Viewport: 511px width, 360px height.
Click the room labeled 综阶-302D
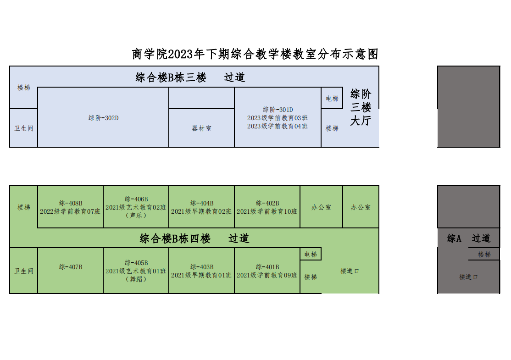(103, 117)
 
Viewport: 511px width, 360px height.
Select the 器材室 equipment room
(202, 128)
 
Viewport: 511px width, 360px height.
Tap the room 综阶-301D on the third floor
(278, 117)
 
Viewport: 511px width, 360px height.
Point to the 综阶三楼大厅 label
(361, 107)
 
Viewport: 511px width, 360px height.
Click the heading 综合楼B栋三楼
(171, 78)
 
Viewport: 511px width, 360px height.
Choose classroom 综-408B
(70, 207)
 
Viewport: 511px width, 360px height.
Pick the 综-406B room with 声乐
(136, 207)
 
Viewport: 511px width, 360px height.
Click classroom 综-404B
(202, 207)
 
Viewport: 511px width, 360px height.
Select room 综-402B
(267, 207)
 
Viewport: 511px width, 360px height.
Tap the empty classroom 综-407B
(70, 271)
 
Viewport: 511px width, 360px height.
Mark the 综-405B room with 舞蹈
(136, 271)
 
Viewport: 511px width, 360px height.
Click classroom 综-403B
(202, 271)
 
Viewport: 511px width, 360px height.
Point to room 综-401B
(267, 271)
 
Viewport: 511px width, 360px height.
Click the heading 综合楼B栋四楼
(175, 238)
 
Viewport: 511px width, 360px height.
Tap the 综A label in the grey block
(454, 238)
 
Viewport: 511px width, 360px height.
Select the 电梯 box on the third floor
(332, 98)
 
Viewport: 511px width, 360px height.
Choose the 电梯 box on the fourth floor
(311, 254)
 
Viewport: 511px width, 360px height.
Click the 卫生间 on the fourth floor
(24, 271)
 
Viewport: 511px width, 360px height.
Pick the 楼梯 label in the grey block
(484, 255)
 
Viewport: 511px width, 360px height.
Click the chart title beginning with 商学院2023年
(255, 54)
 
